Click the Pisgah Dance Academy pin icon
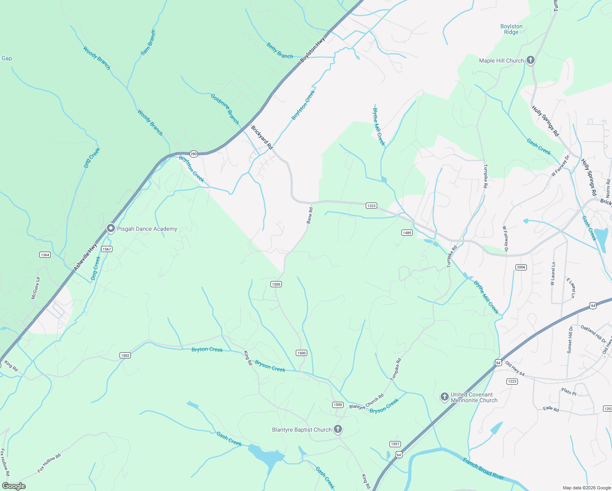[x=110, y=228]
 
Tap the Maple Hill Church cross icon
[x=530, y=61]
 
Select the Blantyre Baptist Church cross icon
[x=338, y=429]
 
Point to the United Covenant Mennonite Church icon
[x=444, y=397]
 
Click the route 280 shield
[x=193, y=154]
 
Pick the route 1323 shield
[x=371, y=205]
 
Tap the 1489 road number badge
[x=407, y=232]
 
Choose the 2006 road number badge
[x=521, y=267]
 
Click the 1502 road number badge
[x=125, y=355]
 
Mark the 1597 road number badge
[x=395, y=444]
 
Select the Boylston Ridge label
[x=511, y=29]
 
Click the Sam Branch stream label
[x=148, y=43]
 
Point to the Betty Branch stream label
[x=280, y=51]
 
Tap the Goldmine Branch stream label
[x=225, y=109]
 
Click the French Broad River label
[x=483, y=469]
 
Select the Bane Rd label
[x=310, y=216]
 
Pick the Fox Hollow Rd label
[x=49, y=463]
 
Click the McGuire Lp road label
[x=36, y=288]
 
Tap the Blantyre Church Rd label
[x=367, y=401]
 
